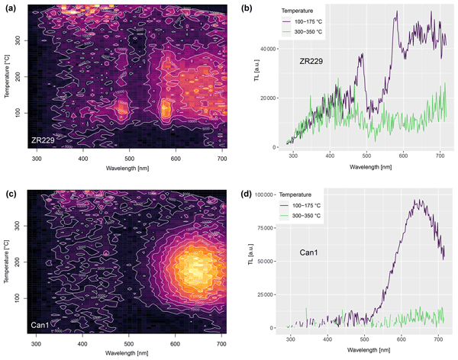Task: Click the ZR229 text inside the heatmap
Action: pos(44,141)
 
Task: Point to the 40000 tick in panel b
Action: pos(266,48)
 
